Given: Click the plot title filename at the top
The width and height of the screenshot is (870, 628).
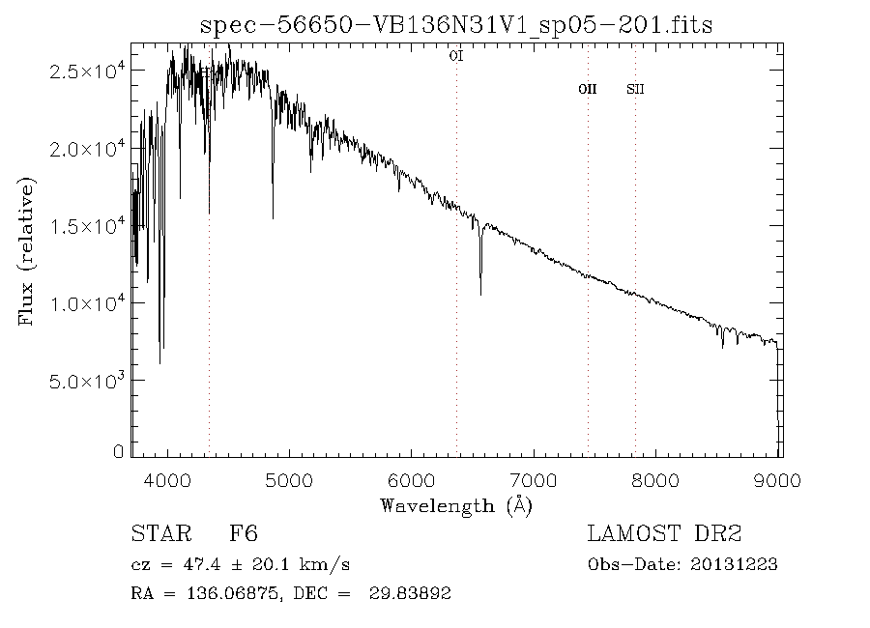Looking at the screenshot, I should tap(456, 25).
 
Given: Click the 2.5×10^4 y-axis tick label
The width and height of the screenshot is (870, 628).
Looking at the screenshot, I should tap(86, 72).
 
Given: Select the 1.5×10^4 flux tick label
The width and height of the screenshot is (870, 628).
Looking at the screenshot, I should tap(86, 226).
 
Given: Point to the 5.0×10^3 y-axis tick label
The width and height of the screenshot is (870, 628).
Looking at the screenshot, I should tap(86, 381).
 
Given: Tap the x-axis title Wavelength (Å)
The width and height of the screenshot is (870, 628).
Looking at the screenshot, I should tap(456, 505).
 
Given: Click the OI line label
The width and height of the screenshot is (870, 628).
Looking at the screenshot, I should tap(456, 56).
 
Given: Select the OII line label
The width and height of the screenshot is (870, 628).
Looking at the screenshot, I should tap(587, 89).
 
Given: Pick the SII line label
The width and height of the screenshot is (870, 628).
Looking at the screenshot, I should tap(635, 89).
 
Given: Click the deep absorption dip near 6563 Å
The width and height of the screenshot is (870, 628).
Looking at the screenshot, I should tap(480, 290).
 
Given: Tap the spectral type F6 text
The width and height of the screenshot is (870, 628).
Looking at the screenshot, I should tap(243, 534).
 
